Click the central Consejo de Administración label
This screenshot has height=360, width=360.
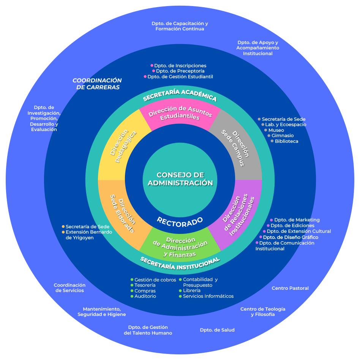pos(180,179)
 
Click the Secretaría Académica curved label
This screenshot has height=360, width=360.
pos(180,95)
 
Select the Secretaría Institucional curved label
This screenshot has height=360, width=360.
pos(180,263)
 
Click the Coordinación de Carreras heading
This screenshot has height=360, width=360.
pos(97,84)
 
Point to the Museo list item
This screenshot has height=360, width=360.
pos(276,130)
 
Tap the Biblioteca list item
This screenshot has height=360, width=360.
pos(286,141)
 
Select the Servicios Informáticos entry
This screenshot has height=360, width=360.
pos(208,296)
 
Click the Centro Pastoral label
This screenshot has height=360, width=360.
pos(290,288)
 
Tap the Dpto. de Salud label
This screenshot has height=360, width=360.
pos(217,330)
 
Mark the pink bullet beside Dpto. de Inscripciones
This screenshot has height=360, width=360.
pos(152,65)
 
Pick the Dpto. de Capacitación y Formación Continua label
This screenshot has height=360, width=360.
pos(180,26)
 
